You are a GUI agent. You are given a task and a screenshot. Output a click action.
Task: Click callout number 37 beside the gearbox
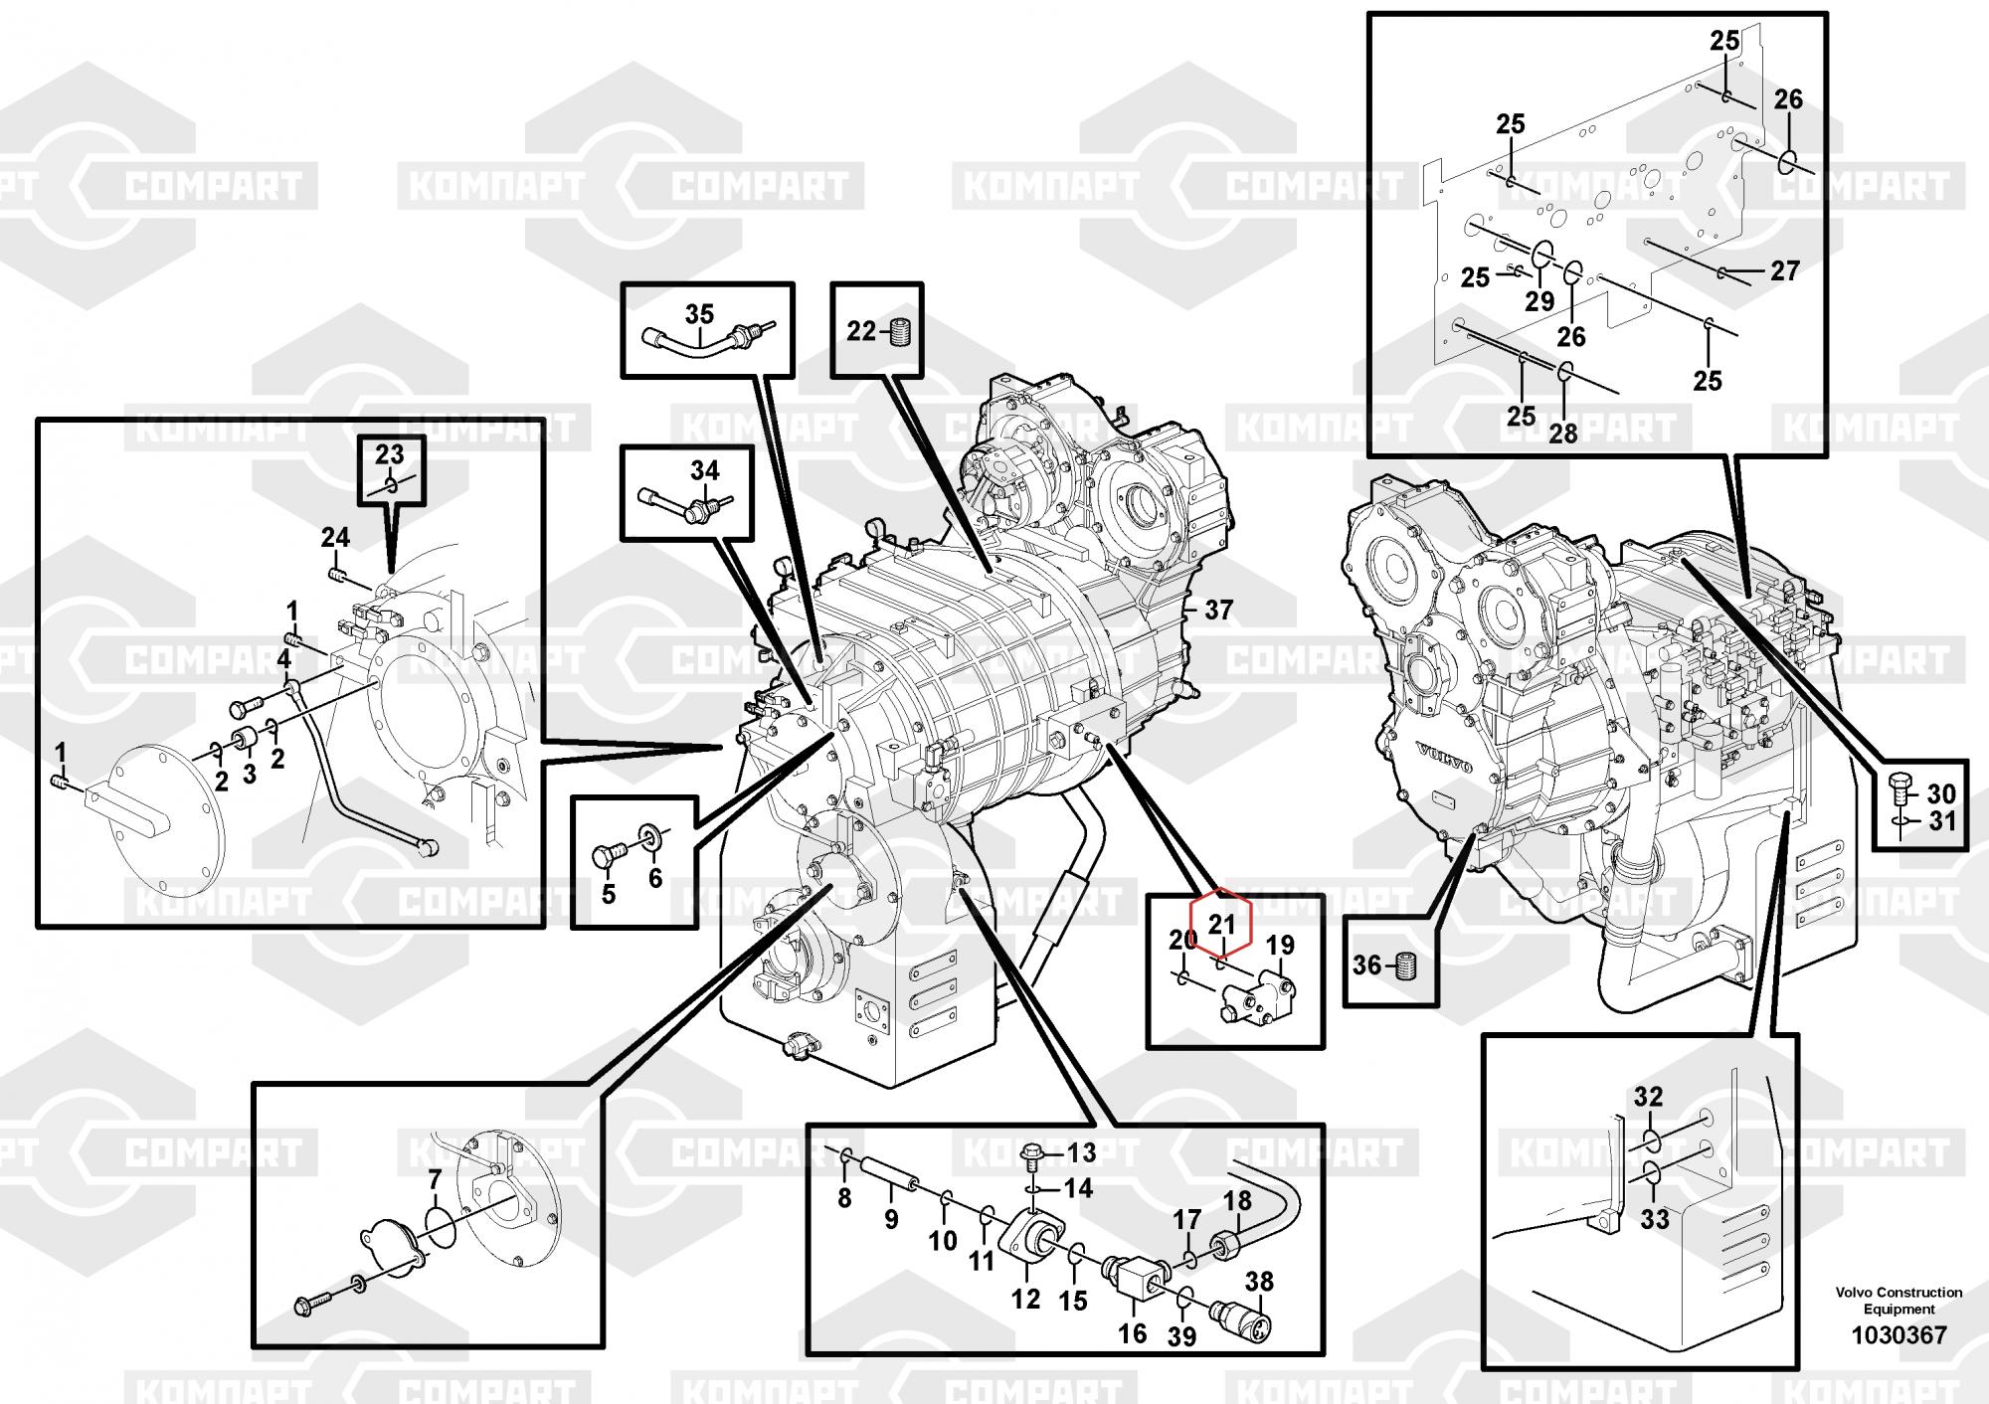(x=1218, y=611)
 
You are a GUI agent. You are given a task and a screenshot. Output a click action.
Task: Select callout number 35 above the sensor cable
(x=699, y=314)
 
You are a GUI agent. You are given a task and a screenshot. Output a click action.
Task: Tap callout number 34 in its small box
(x=704, y=469)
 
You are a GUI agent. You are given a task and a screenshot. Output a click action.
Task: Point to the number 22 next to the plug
(x=861, y=331)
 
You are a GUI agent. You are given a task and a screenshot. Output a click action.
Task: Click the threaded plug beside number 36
(x=1405, y=965)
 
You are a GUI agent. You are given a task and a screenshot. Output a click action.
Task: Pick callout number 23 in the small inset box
(x=389, y=454)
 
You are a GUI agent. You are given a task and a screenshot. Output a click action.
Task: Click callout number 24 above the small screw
(x=335, y=538)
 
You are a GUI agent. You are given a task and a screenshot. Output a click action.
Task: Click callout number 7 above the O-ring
(x=435, y=1180)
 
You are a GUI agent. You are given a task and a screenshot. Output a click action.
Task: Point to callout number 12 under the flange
(x=1025, y=1298)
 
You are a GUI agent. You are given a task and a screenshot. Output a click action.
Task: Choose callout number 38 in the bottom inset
(x=1259, y=1282)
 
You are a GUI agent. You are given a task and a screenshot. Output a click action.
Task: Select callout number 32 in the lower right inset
(x=1648, y=1097)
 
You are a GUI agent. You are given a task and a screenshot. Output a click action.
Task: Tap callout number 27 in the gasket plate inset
(x=1785, y=270)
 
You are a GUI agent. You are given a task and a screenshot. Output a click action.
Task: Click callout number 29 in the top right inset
(x=1539, y=301)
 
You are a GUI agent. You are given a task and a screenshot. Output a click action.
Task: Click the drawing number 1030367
(x=1899, y=1335)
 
